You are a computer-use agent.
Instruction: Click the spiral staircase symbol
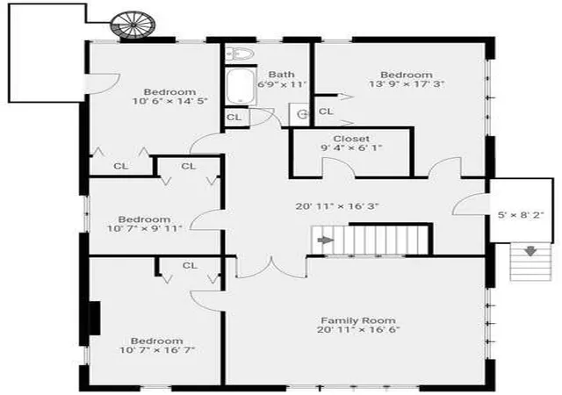click(133, 25)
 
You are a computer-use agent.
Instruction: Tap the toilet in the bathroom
click(240, 54)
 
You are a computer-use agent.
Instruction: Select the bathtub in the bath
click(241, 87)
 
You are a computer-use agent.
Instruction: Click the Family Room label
click(358, 320)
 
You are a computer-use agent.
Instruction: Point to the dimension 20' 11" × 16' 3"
click(337, 206)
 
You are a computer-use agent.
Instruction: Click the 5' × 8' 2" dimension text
click(521, 215)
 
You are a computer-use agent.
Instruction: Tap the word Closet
click(351, 139)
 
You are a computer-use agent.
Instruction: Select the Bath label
click(281, 75)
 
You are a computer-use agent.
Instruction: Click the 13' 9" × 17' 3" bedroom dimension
click(407, 84)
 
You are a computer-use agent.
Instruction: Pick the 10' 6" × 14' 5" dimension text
click(170, 101)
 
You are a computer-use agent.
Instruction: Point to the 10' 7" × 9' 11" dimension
click(144, 228)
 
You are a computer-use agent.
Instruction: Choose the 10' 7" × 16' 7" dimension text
click(157, 349)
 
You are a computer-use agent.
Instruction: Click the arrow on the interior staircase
click(326, 240)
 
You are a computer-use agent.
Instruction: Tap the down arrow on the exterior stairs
click(530, 251)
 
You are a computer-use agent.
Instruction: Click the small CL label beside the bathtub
click(234, 118)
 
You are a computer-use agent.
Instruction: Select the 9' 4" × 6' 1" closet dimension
click(351, 147)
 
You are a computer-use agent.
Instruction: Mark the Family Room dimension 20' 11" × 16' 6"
click(358, 329)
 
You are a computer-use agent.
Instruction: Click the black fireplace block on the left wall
click(95, 319)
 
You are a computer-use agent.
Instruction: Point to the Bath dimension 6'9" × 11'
click(282, 84)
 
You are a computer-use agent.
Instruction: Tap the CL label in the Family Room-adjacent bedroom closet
click(190, 266)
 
